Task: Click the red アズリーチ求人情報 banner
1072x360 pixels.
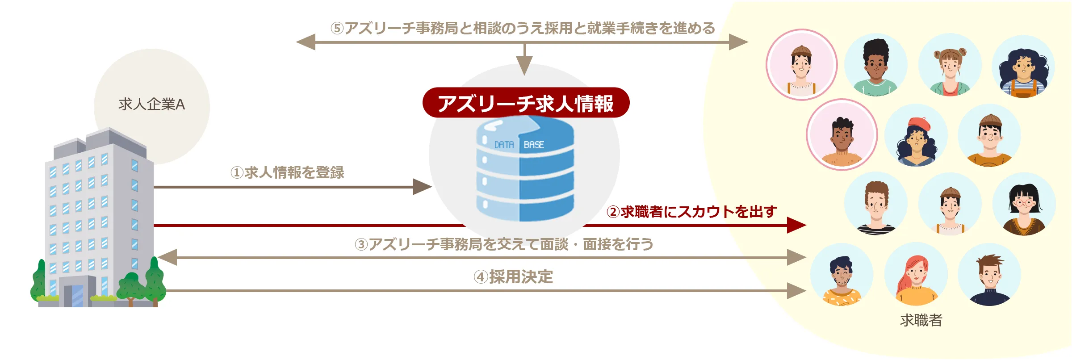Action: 526,103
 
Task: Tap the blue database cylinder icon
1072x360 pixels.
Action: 525,170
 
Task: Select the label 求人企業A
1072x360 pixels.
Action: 151,105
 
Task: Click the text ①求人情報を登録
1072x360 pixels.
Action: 287,172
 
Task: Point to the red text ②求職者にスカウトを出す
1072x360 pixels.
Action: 691,212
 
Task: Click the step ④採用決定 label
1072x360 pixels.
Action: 513,277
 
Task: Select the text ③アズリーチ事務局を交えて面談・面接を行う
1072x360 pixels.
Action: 504,244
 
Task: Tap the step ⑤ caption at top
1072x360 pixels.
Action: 523,28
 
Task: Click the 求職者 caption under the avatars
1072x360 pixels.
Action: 921,320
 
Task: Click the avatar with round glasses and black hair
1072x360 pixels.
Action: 1024,205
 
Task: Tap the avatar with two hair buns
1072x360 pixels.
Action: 950,65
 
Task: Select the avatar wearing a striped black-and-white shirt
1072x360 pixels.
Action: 875,205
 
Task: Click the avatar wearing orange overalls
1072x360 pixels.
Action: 1023,67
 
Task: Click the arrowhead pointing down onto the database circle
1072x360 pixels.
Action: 524,66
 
